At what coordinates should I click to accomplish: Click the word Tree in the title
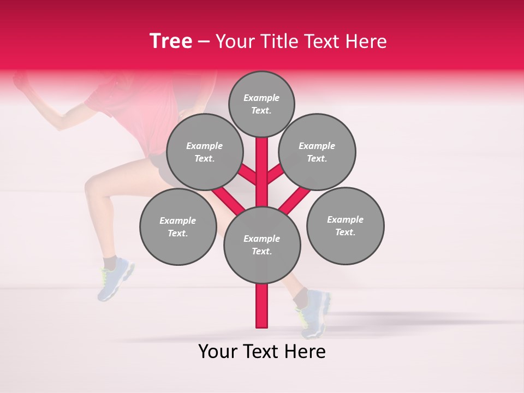[x=171, y=41]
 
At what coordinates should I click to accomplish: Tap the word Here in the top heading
[x=366, y=41]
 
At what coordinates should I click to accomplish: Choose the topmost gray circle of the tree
[x=261, y=104]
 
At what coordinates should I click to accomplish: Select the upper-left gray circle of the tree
[x=205, y=152]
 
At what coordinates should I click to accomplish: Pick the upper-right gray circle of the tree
[x=317, y=152]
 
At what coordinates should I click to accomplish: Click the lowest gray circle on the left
[x=178, y=227]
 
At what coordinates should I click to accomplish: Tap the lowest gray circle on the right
[x=345, y=225]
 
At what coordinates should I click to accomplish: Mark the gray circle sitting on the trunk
[x=262, y=245]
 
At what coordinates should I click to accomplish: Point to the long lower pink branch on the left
[x=228, y=200]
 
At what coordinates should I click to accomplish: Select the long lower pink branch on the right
[x=295, y=200]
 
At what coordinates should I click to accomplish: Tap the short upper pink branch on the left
[x=247, y=174]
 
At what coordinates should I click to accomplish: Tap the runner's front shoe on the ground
[x=314, y=314]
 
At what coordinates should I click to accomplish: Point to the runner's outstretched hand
[x=21, y=82]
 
